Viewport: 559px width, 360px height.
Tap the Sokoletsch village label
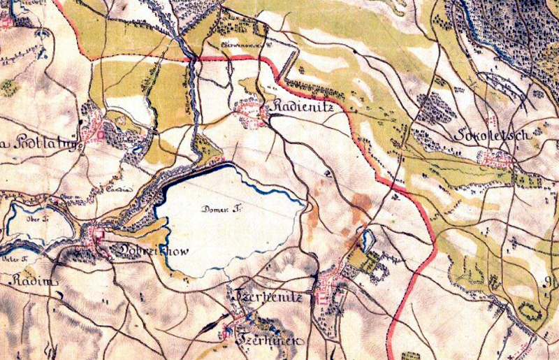pyautogui.click(x=491, y=134)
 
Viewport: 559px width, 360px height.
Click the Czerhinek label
pyautogui.click(x=271, y=340)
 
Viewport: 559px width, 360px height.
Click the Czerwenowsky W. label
pyautogui.click(x=245, y=43)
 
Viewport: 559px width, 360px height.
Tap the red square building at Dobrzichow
pyautogui.click(x=99, y=236)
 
